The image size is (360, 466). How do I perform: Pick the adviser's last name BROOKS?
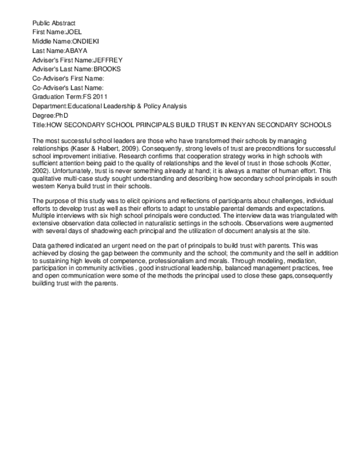coord(104,69)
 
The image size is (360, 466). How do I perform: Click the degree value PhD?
coord(61,115)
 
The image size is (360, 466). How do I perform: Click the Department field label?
coord(49,106)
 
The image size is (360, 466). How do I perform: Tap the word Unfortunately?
coord(79,171)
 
